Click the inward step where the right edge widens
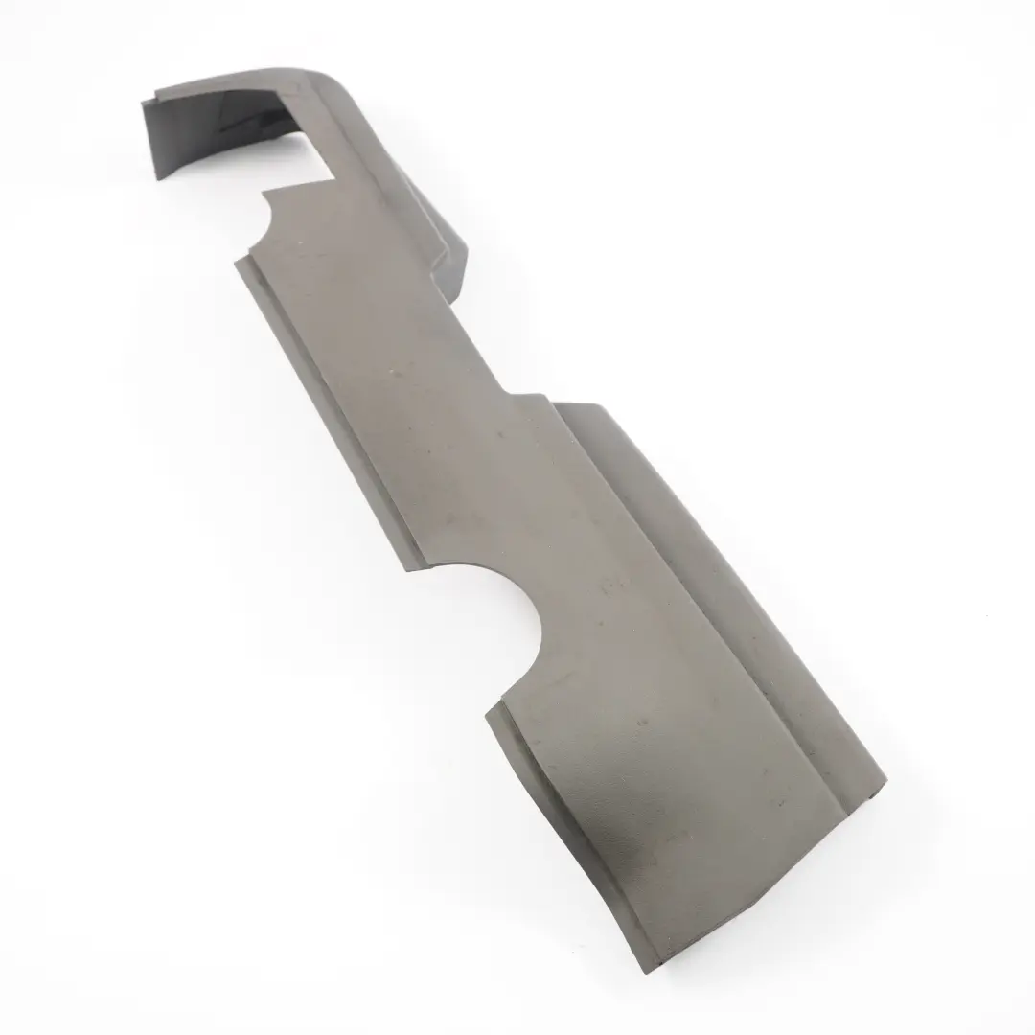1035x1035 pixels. tap(508, 393)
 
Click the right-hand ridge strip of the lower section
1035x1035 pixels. tap(757, 671)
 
